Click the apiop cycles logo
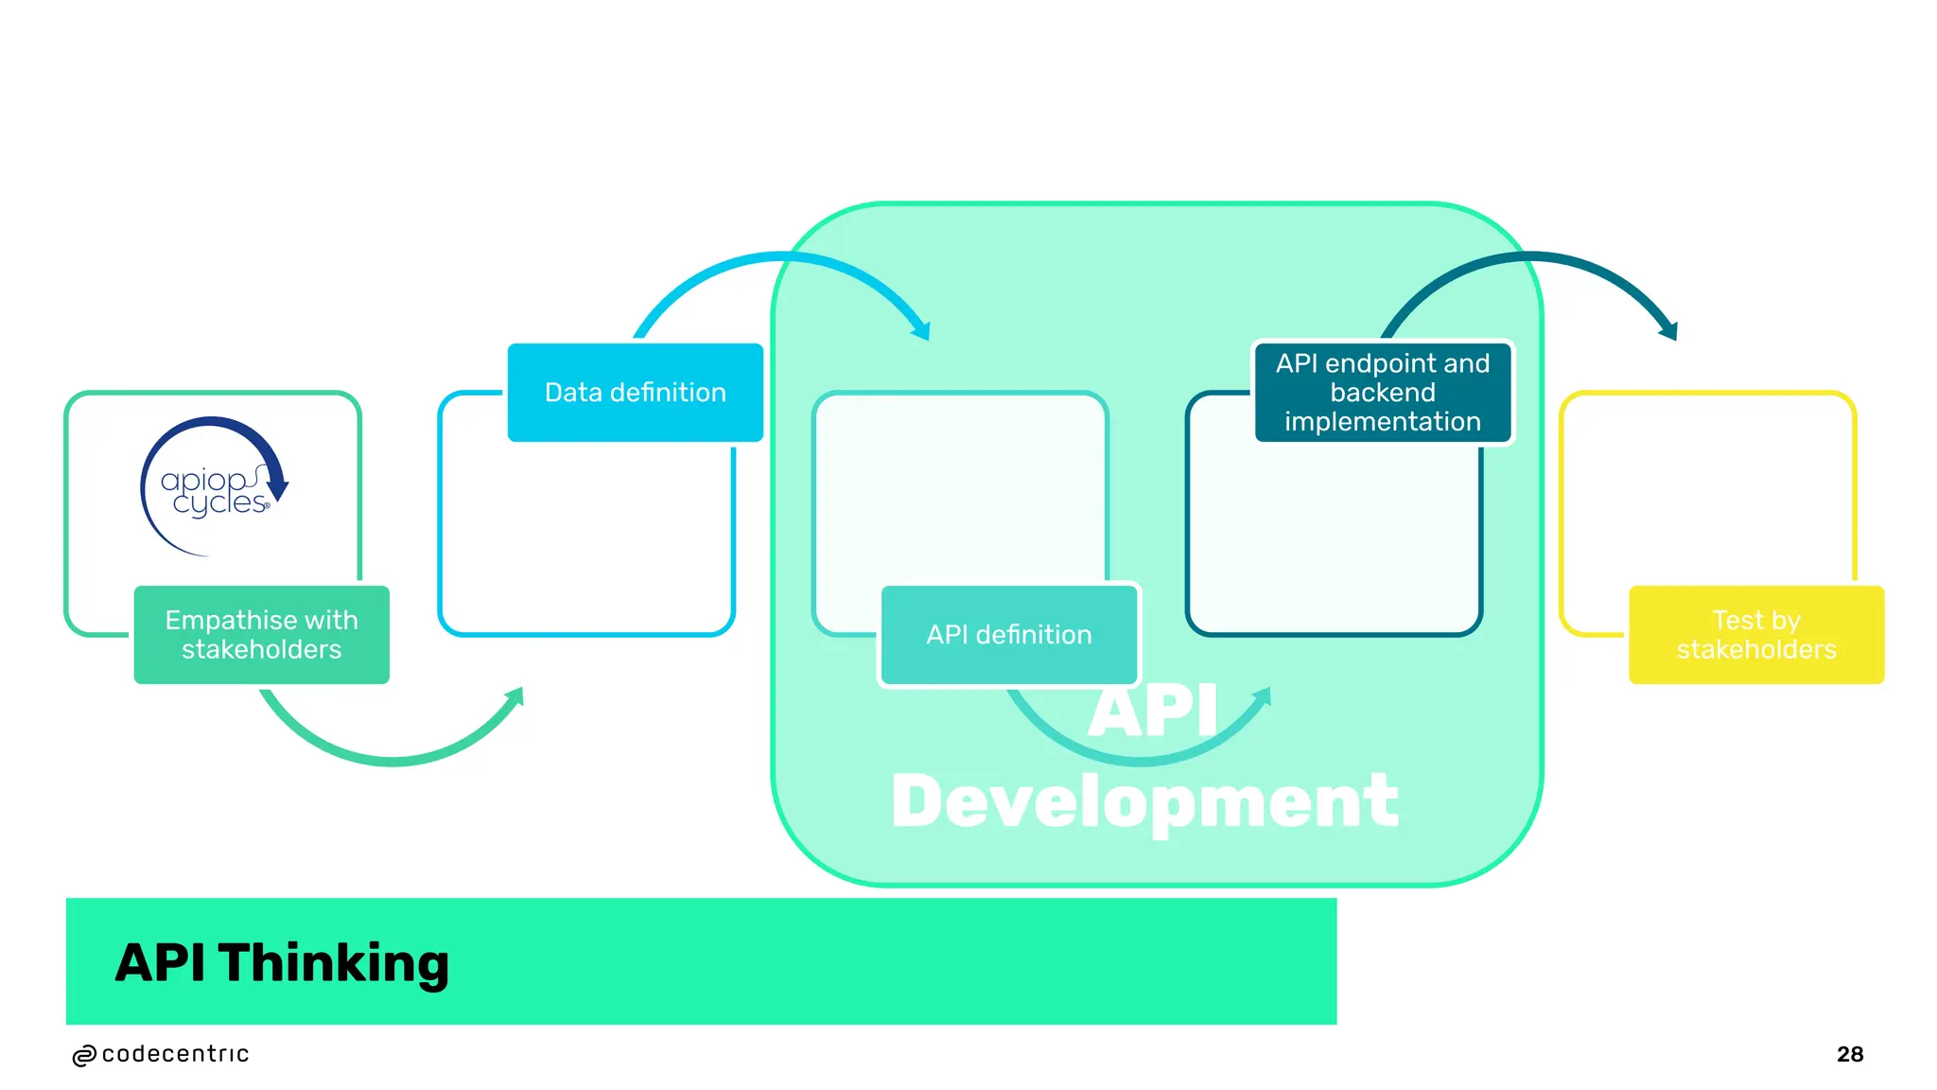214,487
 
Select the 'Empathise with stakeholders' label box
262,635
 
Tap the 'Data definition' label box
636,393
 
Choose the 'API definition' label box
1009,635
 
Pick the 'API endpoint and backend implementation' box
1383,393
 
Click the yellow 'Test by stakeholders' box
1756,635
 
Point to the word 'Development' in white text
1144,801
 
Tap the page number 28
1850,1054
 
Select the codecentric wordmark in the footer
175,1054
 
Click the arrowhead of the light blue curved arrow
921,330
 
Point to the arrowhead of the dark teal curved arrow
1669,330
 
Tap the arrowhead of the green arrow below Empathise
515,697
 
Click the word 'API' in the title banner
160,963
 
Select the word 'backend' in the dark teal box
1383,393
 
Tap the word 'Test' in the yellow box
1736,621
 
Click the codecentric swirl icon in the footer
84,1056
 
